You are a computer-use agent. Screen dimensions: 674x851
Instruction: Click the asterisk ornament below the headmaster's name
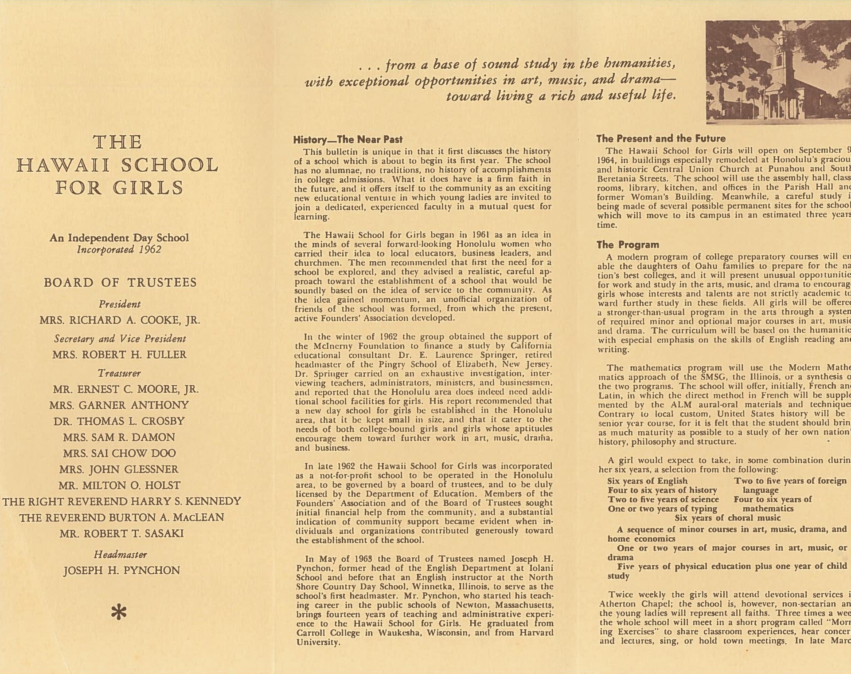point(119,613)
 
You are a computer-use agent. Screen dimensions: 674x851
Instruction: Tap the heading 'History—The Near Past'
point(347,140)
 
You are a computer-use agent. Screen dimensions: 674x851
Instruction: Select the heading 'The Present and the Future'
point(660,138)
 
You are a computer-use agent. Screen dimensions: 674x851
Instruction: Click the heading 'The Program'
point(627,245)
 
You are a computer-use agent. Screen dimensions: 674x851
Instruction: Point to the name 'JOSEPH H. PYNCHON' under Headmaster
point(121,571)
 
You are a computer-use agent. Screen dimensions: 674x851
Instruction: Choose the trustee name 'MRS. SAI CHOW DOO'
point(119,453)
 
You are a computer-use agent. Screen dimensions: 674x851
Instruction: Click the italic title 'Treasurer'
point(119,373)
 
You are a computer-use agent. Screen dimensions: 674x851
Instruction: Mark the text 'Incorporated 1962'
point(119,249)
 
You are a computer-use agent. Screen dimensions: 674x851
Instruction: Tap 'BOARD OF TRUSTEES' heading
point(120,283)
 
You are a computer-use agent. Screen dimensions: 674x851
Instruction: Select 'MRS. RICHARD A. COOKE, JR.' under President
point(120,320)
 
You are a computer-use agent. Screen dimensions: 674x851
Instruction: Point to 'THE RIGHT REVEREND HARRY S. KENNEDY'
point(121,502)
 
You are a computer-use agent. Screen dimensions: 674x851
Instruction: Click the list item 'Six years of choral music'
point(727,518)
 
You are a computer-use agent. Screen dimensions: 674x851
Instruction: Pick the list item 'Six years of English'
point(647,481)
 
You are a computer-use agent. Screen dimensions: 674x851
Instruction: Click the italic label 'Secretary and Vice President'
point(120,339)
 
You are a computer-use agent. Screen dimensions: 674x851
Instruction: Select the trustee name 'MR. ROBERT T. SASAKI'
point(121,534)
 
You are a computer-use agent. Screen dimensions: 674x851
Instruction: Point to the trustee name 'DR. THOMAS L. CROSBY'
point(119,421)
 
